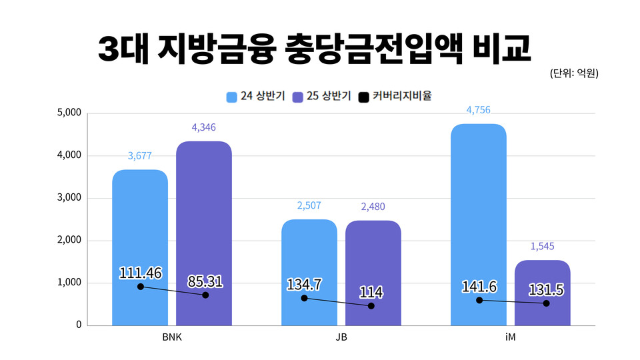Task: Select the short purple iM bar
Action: click(543, 313)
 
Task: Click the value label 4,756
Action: click(478, 110)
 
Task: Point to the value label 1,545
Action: click(543, 247)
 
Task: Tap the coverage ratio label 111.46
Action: click(141, 273)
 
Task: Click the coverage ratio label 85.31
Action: click(205, 281)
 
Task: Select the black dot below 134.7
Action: click(304, 298)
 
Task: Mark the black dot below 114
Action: click(371, 306)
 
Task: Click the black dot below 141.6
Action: click(479, 301)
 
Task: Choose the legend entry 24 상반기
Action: click(255, 96)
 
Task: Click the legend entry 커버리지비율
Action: click(395, 96)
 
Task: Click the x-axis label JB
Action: click(341, 337)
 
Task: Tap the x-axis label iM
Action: click(510, 337)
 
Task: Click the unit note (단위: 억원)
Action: click(574, 73)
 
